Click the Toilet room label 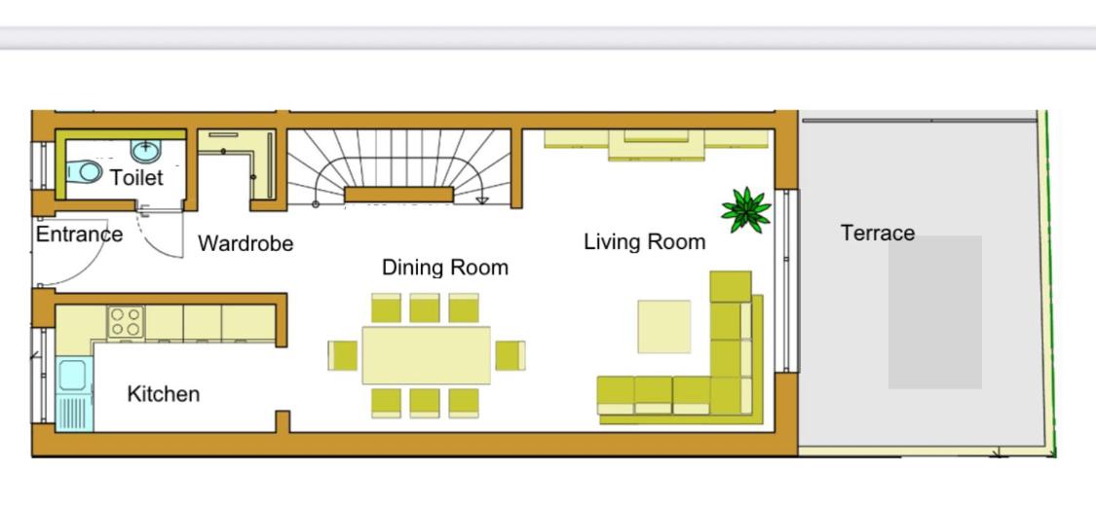[x=136, y=177]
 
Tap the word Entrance [x=79, y=234]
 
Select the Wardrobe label [x=246, y=243]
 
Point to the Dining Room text [x=444, y=268]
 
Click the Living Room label [x=645, y=242]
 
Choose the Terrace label [x=877, y=233]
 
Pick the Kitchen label [x=164, y=394]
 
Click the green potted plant [x=746, y=209]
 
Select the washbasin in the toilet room [x=145, y=151]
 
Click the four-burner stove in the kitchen [x=126, y=322]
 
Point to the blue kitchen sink [x=73, y=394]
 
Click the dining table [x=427, y=355]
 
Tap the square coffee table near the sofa [x=664, y=327]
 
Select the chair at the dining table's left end [x=343, y=355]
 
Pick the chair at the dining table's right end [x=510, y=355]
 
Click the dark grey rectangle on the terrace [x=935, y=312]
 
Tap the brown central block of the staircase [x=399, y=195]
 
